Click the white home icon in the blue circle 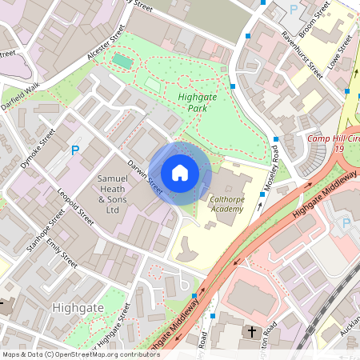point(180,172)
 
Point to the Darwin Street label point(144,175)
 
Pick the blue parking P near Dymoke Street point(75,150)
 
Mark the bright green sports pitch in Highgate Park point(122,61)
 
